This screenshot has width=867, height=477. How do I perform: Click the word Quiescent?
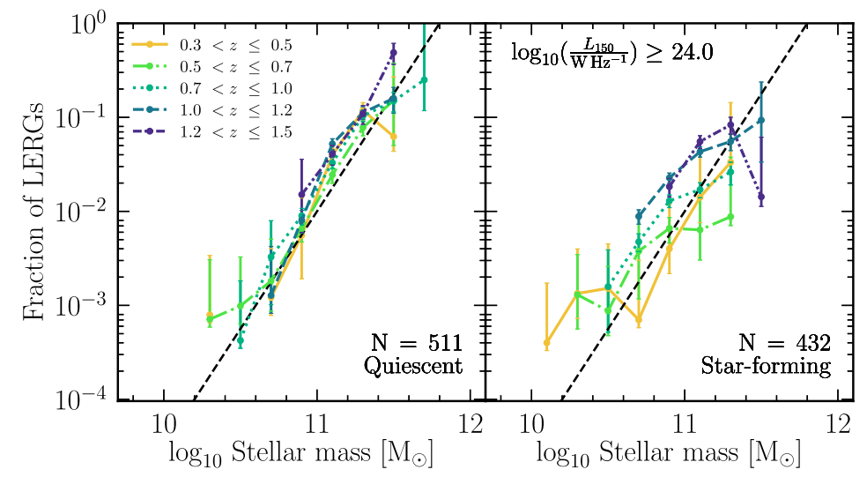click(414, 366)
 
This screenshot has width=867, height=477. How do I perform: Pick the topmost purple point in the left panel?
click(393, 53)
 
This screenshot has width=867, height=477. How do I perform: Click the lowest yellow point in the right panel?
click(546, 342)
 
